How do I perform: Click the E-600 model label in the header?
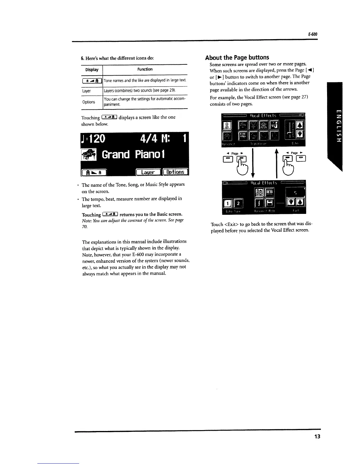(313, 34)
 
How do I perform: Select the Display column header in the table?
(92, 70)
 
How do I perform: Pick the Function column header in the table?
(145, 69)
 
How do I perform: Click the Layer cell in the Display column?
(86, 91)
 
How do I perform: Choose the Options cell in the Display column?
(89, 102)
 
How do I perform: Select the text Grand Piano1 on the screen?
(133, 154)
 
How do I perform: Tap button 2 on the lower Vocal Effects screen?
(239, 203)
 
